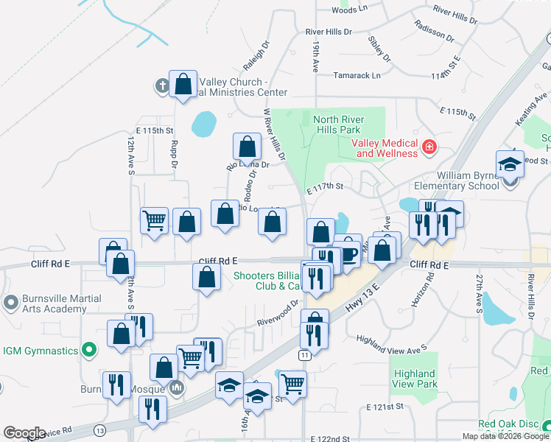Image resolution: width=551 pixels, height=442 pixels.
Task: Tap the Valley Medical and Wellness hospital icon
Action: click(x=429, y=148)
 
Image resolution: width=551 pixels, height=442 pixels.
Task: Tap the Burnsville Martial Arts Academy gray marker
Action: click(x=10, y=303)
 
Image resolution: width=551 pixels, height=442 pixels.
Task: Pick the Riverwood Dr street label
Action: click(x=277, y=317)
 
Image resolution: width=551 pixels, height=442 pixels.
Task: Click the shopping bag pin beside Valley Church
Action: click(x=183, y=85)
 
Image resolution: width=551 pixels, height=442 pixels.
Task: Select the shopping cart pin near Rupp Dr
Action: click(x=155, y=220)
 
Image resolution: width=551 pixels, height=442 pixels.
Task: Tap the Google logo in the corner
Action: click(x=24, y=433)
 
